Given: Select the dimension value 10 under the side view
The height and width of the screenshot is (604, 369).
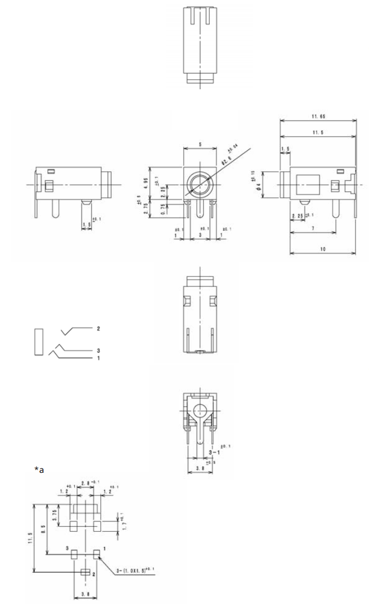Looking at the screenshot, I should [x=323, y=249].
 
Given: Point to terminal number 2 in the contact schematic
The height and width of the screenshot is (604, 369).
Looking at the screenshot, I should [x=98, y=328].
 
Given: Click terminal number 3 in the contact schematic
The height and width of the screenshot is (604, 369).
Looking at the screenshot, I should [x=98, y=350].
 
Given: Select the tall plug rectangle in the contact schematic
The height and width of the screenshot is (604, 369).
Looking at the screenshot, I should [x=38, y=342].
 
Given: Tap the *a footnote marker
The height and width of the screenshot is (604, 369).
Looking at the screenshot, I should [x=39, y=469].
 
